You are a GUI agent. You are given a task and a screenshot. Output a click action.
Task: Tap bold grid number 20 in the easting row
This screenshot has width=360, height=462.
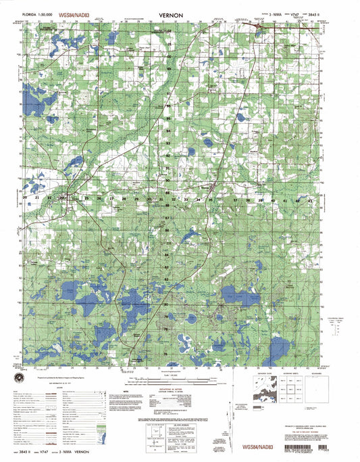tap(26, 198)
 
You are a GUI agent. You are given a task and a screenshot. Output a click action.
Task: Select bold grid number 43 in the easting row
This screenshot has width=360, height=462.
tap(311, 200)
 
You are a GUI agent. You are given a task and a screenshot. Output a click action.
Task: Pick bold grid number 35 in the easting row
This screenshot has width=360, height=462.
tap(211, 200)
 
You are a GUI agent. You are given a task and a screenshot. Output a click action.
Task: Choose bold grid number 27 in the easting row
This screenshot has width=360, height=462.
tap(111, 199)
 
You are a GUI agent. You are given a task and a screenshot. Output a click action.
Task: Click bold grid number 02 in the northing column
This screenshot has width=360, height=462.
tap(169, 31)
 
